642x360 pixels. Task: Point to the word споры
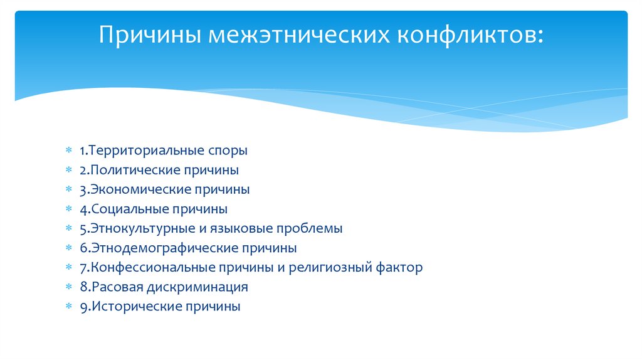(x=227, y=151)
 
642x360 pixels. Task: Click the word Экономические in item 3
(x=141, y=189)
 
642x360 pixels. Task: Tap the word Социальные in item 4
(x=129, y=209)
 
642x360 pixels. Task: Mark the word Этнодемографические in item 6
(x=160, y=248)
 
